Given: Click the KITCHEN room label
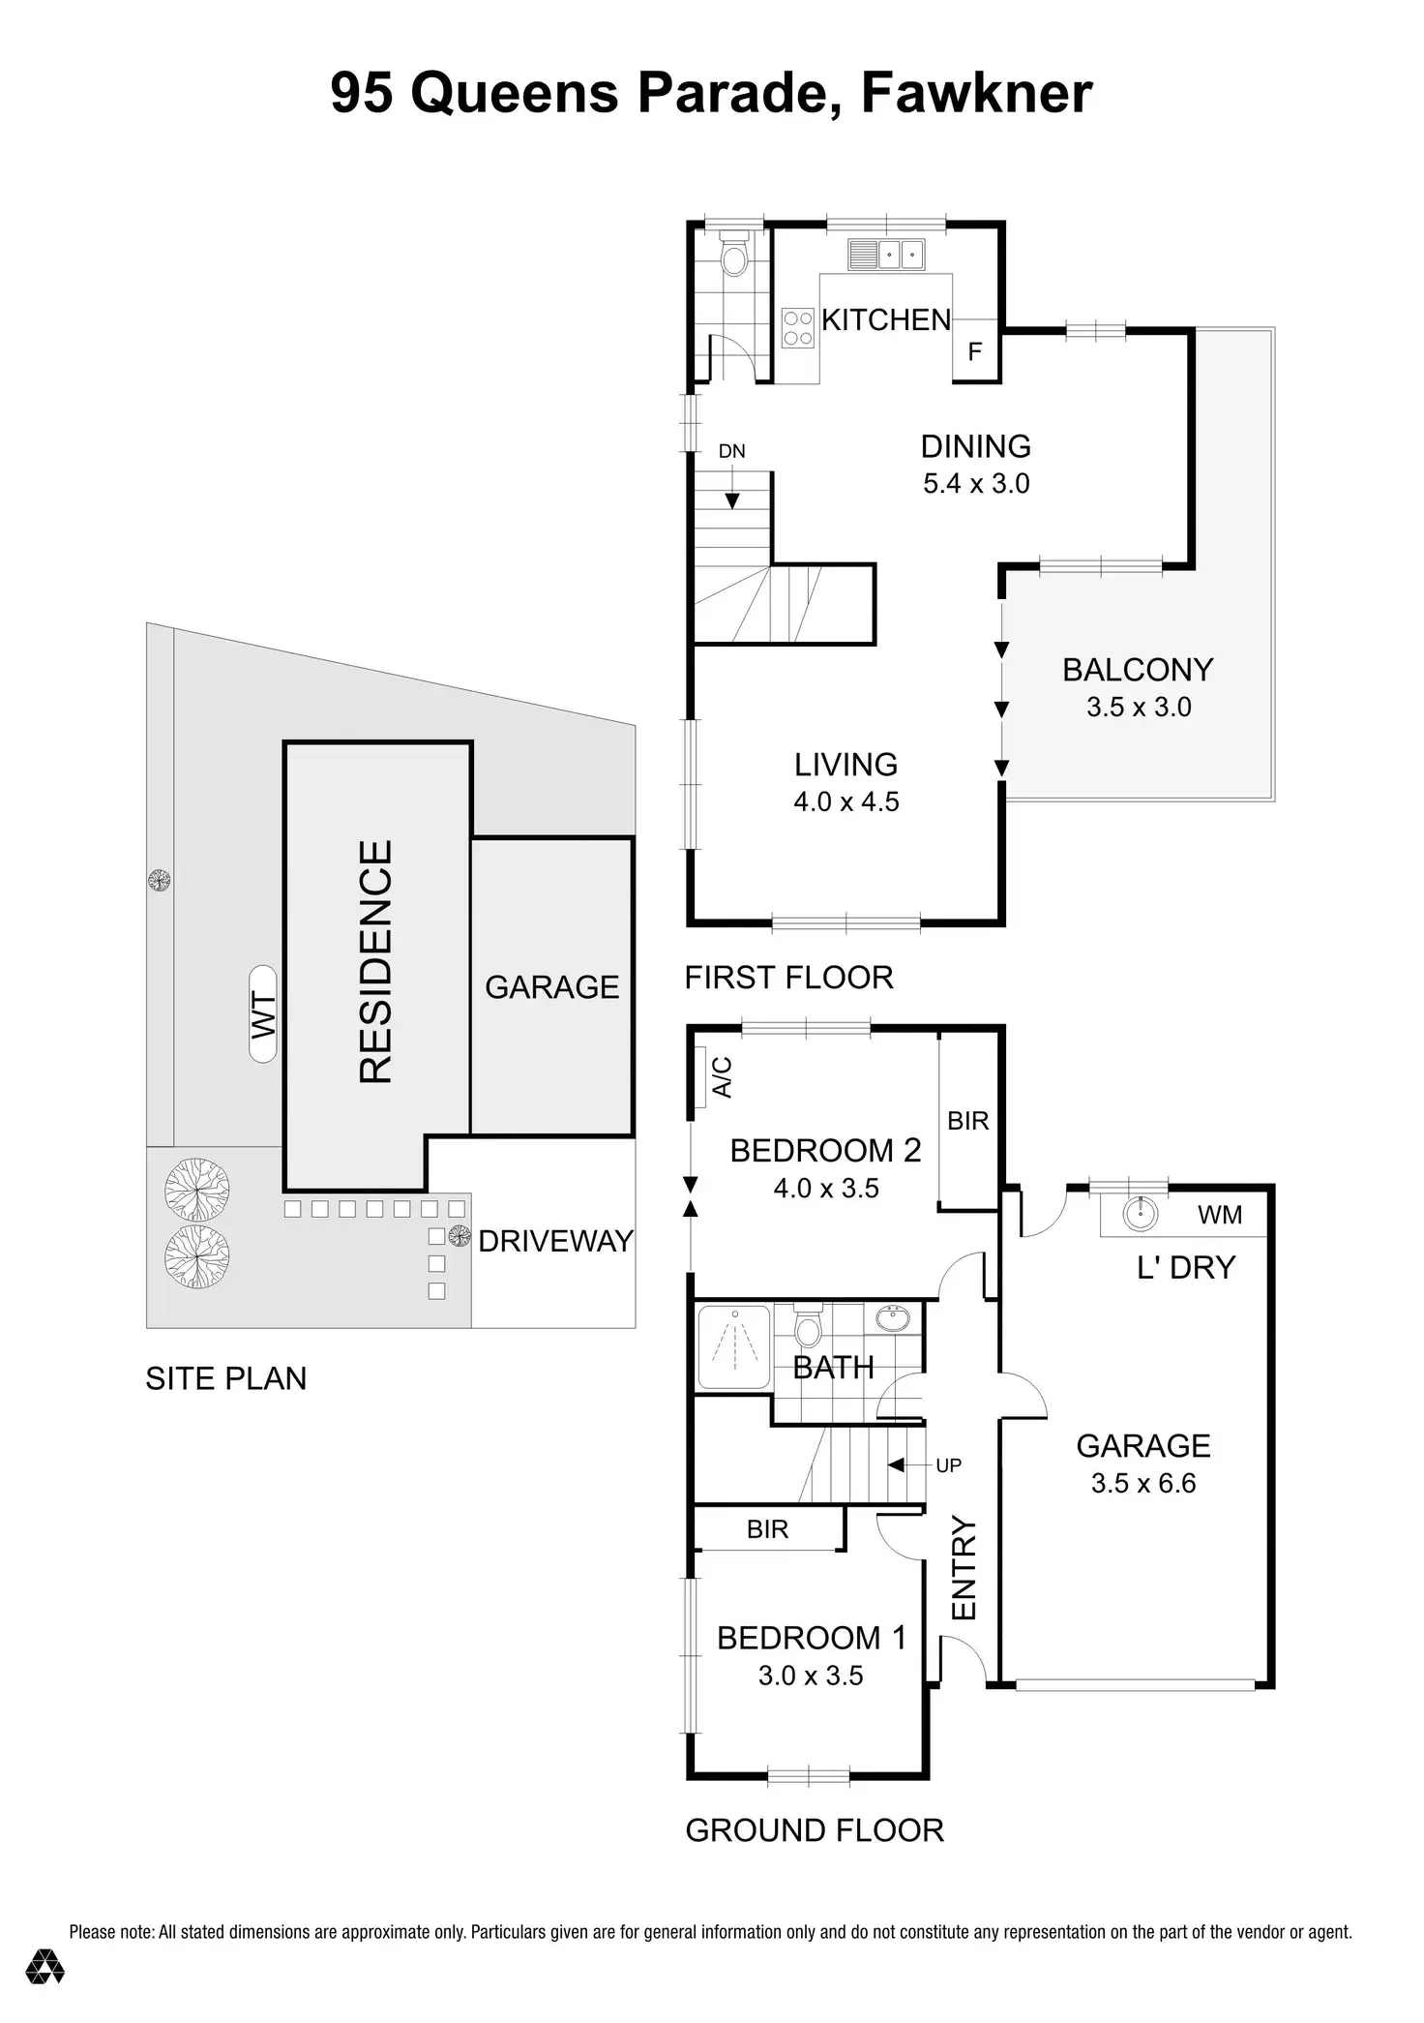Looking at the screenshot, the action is point(886,320).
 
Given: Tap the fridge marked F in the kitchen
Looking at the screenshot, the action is point(975,350).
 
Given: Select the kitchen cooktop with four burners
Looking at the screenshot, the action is point(798,327).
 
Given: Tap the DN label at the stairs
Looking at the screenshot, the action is point(731,451).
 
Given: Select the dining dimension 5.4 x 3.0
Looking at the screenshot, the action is point(976,483).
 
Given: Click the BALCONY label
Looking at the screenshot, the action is point(1138,670).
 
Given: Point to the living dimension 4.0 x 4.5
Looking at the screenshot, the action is point(846,801).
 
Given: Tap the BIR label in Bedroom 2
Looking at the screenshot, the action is point(967,1121).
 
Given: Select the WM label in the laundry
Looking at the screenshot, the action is point(1219,1215).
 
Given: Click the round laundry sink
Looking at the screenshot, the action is point(1142,1214).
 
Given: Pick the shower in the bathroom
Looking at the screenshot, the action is point(734,1347).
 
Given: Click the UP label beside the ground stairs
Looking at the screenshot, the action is point(948,1465).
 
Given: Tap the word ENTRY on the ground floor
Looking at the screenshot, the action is point(964,1569).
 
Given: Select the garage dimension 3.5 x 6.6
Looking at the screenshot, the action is point(1143,1483).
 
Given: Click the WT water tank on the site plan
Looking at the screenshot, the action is point(263,1014).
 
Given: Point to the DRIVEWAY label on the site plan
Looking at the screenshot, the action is point(555,1242).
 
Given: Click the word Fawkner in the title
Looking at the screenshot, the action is point(976,93).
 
